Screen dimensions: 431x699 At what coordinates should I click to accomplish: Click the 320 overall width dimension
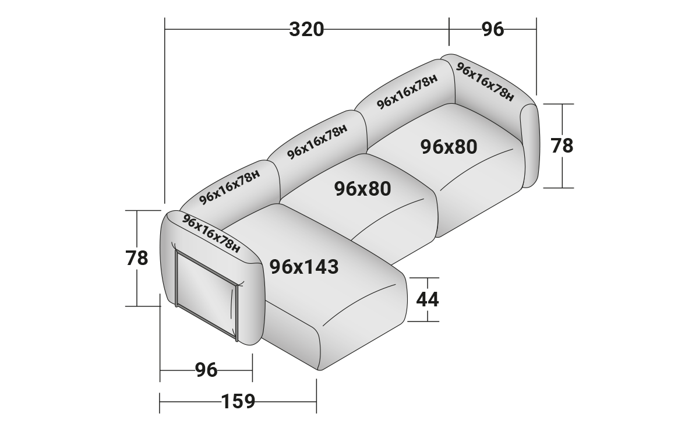point(306,29)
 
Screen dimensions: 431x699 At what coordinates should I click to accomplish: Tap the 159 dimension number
point(238,401)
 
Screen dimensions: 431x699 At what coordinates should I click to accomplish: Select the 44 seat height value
point(428,299)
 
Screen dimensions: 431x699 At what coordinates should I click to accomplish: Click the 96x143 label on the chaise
point(304,267)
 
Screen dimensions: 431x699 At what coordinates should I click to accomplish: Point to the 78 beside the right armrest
point(562,146)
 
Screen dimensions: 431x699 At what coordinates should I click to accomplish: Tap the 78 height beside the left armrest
point(137,258)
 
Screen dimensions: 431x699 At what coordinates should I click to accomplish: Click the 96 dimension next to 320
point(493,29)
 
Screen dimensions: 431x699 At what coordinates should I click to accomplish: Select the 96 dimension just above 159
point(206,370)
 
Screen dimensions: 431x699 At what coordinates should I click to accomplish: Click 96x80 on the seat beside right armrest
point(449,147)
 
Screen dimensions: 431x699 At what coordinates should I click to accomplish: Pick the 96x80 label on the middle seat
point(362,188)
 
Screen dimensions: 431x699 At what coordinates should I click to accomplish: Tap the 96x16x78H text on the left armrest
point(211,234)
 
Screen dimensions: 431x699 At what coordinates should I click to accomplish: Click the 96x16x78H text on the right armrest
point(485,82)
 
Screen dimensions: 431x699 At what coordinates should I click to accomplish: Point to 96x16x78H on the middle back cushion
point(317,141)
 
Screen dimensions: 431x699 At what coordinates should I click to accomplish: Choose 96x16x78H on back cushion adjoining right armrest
point(407,92)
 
